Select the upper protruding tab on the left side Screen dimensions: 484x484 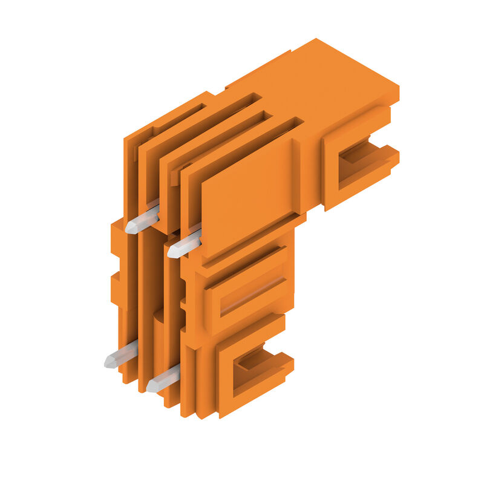116,236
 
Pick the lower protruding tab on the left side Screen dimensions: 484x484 116,288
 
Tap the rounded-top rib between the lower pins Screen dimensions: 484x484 159,345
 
